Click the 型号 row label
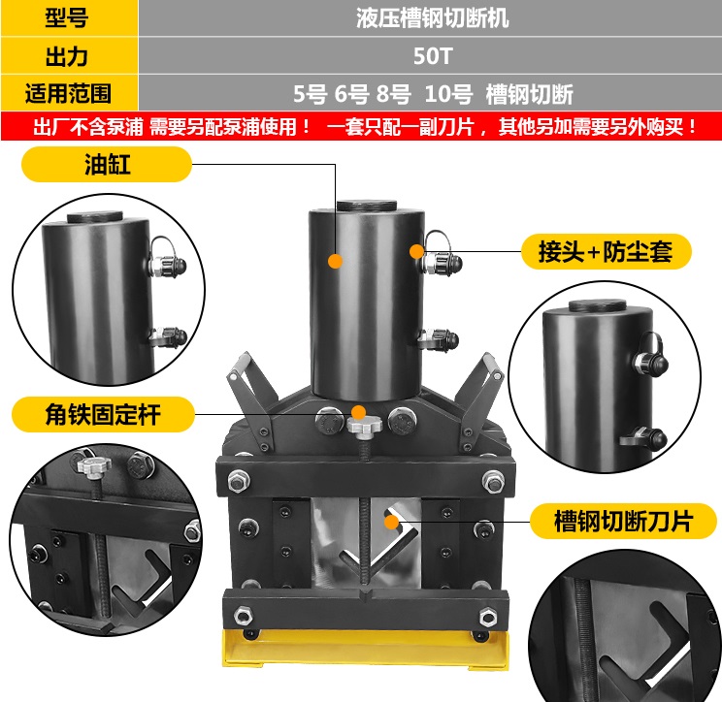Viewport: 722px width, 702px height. pyautogui.click(x=68, y=17)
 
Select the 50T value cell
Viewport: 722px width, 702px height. pyautogui.click(x=432, y=55)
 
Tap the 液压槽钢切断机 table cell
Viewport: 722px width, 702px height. pyautogui.click(x=432, y=17)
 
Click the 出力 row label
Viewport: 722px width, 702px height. pyautogui.click(x=68, y=55)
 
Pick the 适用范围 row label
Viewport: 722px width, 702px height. pyautogui.click(x=68, y=93)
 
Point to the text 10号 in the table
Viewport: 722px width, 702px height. pyautogui.click(x=448, y=94)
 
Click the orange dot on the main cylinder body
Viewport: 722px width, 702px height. pyautogui.click(x=334, y=260)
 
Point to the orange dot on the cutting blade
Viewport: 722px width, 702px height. pyautogui.click(x=390, y=521)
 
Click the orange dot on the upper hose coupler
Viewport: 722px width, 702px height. pyautogui.click(x=417, y=251)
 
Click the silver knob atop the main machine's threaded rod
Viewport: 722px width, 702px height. pyautogui.click(x=361, y=424)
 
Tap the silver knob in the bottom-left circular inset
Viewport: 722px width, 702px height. pyautogui.click(x=89, y=469)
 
